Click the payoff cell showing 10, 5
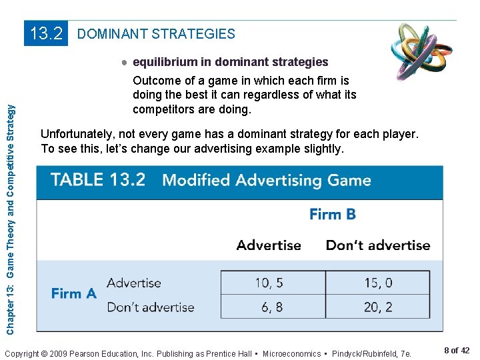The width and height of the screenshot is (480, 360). tap(269, 283)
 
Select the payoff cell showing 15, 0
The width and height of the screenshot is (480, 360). tap(378, 283)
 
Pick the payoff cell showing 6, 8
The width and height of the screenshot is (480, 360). tap(269, 307)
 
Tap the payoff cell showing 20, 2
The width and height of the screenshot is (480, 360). tap(378, 307)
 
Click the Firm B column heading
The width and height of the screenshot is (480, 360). tap(333, 214)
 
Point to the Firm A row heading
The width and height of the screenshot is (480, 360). tap(74, 293)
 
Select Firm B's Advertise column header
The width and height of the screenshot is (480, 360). tap(269, 245)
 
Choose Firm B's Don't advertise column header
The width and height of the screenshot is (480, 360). tap(378, 245)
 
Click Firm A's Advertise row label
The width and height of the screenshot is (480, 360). tap(133, 283)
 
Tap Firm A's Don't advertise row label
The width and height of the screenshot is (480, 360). tap(150, 307)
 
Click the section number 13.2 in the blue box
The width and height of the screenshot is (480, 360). tap(47, 33)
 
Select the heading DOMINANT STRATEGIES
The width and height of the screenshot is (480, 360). tap(157, 33)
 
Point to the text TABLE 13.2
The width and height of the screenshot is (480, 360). tap(97, 180)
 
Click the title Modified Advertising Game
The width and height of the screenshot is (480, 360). tap(267, 180)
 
